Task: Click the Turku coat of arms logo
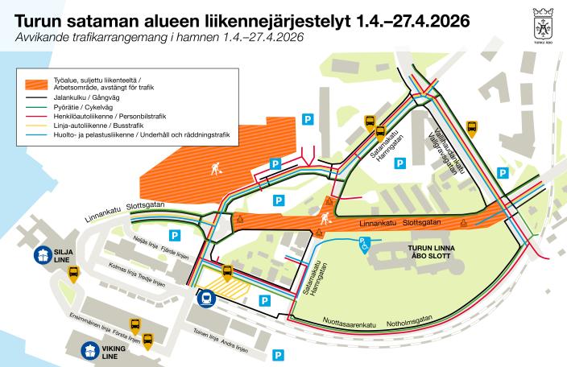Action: click(x=543, y=19)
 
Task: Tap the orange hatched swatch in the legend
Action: click(x=37, y=83)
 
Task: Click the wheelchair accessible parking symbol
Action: click(x=365, y=243)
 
